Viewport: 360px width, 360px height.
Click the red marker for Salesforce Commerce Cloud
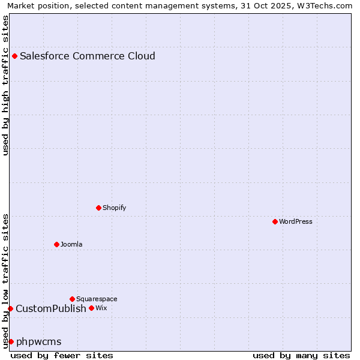pyautogui.click(x=14, y=56)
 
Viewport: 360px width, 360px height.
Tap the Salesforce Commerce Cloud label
pyautogui.click(x=88, y=56)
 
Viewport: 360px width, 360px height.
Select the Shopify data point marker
pyautogui.click(x=98, y=208)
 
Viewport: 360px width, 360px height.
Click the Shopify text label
pyautogui.click(x=114, y=208)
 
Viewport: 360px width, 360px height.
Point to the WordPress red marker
pyautogui.click(x=275, y=221)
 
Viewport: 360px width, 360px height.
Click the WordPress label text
pyautogui.click(x=295, y=222)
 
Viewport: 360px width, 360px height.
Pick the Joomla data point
pyautogui.click(x=56, y=244)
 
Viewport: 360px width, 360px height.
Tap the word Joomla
pyautogui.click(x=71, y=245)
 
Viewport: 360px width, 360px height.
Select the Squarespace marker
pyautogui.click(x=72, y=299)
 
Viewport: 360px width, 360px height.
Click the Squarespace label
pyautogui.click(x=97, y=299)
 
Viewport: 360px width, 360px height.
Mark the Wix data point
pyautogui.click(x=91, y=308)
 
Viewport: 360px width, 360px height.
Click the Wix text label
pyautogui.click(x=101, y=308)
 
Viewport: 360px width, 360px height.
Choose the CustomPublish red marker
pyautogui.click(x=10, y=308)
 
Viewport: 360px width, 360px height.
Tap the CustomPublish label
pyautogui.click(x=51, y=309)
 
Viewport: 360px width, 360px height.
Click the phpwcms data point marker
pyautogui.click(x=11, y=341)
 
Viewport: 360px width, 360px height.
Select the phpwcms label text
pyautogui.click(x=39, y=342)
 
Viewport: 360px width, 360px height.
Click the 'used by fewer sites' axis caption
pyautogui.click(x=62, y=355)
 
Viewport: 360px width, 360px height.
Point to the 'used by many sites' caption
pyautogui.click(x=301, y=355)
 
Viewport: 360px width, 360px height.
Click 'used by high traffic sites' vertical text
pyautogui.click(x=5, y=85)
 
